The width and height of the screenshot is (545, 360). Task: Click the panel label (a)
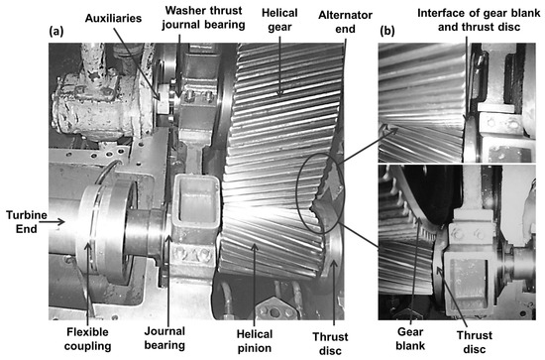pos(56,32)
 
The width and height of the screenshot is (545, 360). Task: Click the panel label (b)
pos(387,31)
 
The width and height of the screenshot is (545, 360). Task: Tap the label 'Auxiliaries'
pos(113,18)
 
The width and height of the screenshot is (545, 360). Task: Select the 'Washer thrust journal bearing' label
pos(203,18)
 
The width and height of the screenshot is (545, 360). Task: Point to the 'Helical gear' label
pos(279,20)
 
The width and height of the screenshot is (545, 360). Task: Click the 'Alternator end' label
pos(345,22)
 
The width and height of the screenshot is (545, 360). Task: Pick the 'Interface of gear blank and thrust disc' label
pos(479,20)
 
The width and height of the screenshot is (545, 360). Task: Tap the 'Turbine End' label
pos(27,222)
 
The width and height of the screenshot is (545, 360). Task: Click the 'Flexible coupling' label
pos(87,339)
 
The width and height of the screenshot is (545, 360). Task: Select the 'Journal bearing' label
pos(164,338)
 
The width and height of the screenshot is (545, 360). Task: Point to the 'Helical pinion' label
pos(255,341)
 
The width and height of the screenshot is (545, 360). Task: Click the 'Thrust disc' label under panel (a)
pos(330,343)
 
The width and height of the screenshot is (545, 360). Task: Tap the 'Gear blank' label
pos(410,338)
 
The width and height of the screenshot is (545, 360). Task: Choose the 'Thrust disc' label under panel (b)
pos(475,342)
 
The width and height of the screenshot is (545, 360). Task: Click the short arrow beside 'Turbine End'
pos(56,221)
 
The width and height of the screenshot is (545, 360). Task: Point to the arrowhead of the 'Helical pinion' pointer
pos(255,247)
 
